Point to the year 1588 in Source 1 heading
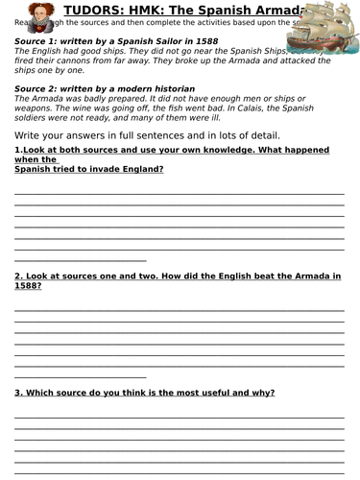(x=210, y=42)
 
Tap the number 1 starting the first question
(x=17, y=153)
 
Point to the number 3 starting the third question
(x=17, y=393)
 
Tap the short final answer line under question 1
(x=80, y=259)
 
